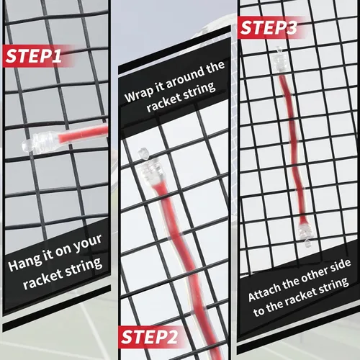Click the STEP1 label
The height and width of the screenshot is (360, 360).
click(x=33, y=56)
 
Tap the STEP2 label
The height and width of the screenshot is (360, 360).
click(x=149, y=337)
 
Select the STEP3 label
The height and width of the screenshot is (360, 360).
click(x=269, y=27)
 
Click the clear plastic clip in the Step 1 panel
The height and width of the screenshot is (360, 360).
click(x=40, y=143)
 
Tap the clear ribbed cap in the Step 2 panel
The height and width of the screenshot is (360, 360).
click(x=152, y=171)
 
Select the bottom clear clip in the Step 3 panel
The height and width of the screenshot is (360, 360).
click(x=305, y=235)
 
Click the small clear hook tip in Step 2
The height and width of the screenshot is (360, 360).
click(x=144, y=154)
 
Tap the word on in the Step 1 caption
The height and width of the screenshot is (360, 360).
click(x=63, y=251)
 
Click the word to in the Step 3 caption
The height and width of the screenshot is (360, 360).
click(x=258, y=311)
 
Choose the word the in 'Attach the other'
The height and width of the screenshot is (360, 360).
click(x=291, y=283)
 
